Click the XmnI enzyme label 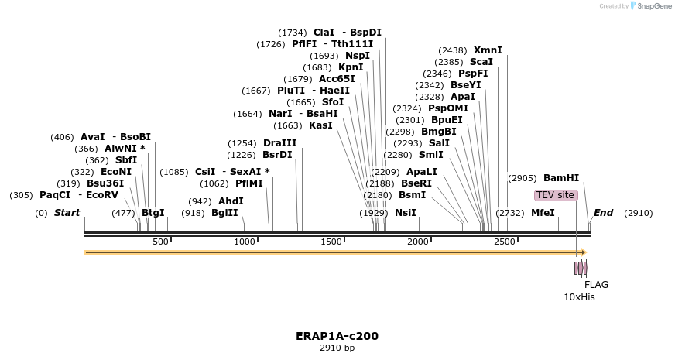[487, 50]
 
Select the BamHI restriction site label [561, 177]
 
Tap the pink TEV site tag [555, 195]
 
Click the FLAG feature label [596, 284]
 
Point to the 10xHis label [579, 296]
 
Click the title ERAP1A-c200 [337, 337]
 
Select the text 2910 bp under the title [337, 348]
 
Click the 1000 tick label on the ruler [245, 242]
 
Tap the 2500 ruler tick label [504, 242]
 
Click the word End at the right [603, 212]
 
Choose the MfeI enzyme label [542, 212]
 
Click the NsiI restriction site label [405, 212]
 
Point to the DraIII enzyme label [279, 143]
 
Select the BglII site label [224, 212]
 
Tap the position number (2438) [453, 50]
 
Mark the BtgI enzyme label [153, 212]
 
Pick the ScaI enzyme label [481, 61]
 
